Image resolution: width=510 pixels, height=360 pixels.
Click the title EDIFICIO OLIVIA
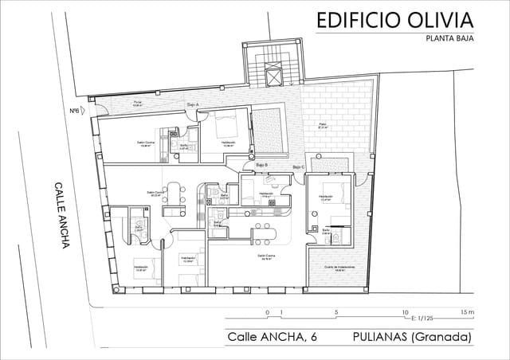(x=394, y=19)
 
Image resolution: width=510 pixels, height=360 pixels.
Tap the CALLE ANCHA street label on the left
(x=61, y=214)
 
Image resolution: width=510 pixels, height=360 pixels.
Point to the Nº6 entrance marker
(x=74, y=111)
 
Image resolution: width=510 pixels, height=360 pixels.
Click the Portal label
(x=137, y=104)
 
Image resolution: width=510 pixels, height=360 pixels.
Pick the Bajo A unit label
(x=192, y=104)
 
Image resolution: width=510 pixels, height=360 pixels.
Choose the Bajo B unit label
(x=261, y=164)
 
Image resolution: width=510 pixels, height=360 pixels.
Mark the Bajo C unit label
(x=298, y=166)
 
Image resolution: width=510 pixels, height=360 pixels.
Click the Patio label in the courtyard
(x=323, y=125)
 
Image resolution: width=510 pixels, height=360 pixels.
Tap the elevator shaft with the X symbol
(x=275, y=76)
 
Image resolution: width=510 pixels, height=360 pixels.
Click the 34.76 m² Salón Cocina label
(x=266, y=257)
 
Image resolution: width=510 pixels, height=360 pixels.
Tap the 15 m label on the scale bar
(x=467, y=312)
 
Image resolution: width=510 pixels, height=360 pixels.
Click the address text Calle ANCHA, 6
(x=272, y=337)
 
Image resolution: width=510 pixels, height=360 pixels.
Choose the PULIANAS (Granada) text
(x=411, y=337)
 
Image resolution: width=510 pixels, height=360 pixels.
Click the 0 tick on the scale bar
(x=267, y=312)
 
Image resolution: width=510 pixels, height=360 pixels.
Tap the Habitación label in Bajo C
(x=325, y=196)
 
